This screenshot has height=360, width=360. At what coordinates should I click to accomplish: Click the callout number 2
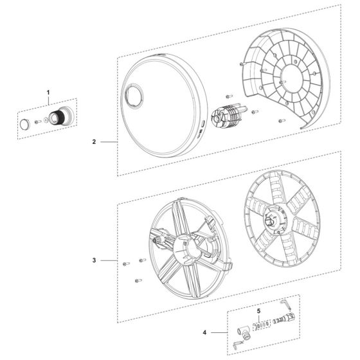coord(94,143)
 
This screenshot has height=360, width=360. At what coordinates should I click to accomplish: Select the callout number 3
coord(94,260)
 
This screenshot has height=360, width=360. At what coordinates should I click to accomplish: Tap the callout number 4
coord(204,333)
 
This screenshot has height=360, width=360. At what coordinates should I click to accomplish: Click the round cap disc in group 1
coord(24,123)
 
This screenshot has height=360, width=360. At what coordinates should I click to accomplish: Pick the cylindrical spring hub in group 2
coord(228,118)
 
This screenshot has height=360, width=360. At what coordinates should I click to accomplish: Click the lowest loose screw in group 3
coord(138,280)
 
